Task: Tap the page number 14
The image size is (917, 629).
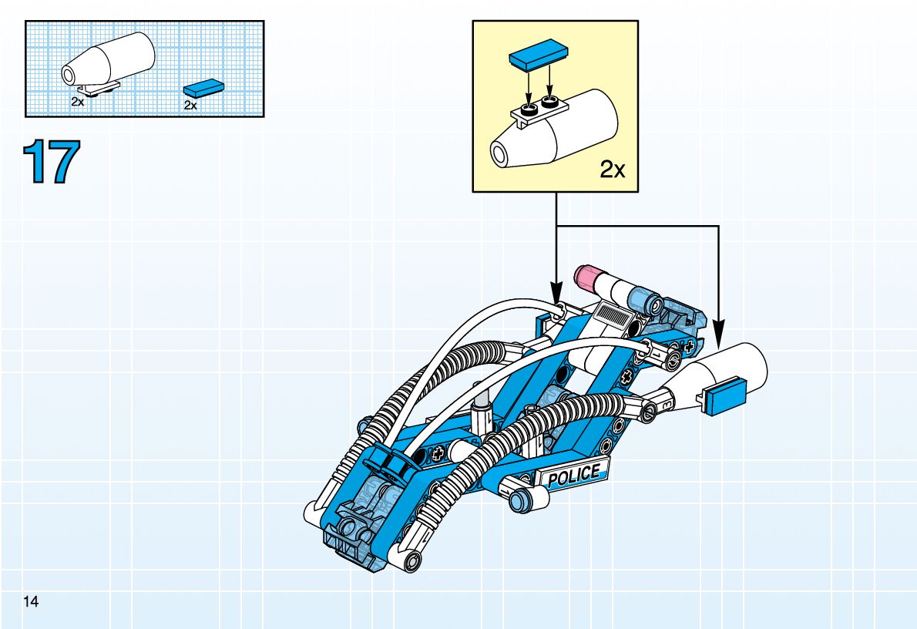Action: [x=31, y=600]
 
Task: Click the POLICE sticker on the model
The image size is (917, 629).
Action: [x=574, y=474]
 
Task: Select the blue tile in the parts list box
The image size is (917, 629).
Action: [x=204, y=87]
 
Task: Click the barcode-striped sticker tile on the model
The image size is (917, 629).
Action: [x=614, y=314]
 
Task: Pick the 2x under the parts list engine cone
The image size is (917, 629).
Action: [x=77, y=101]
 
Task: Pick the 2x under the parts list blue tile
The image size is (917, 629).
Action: [x=190, y=106]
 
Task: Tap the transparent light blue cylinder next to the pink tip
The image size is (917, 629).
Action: [x=641, y=298]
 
